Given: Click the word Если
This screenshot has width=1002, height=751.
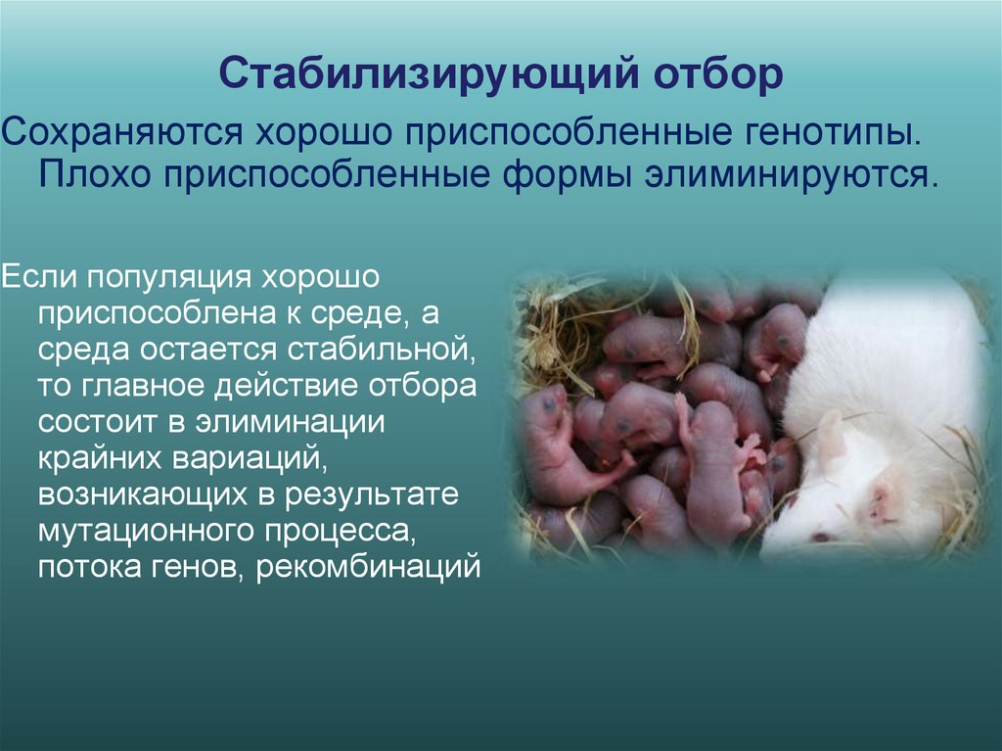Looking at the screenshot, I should pos(37,276).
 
